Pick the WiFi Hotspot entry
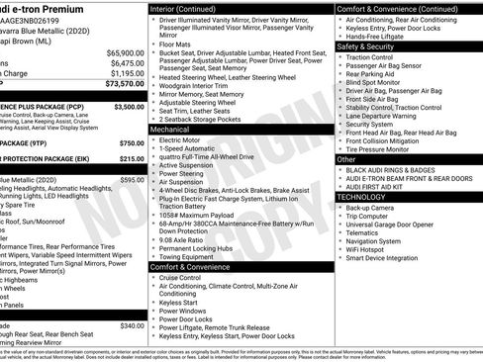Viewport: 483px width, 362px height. (371, 250)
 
